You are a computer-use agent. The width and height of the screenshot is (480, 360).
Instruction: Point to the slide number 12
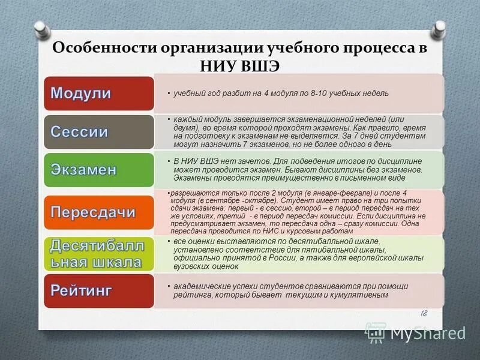424,313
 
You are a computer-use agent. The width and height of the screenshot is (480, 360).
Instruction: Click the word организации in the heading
192,48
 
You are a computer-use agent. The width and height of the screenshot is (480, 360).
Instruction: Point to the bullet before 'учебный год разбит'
169,94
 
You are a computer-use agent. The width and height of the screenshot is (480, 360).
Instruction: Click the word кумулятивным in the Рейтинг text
360,295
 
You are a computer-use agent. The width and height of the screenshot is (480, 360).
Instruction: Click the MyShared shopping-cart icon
376,332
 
